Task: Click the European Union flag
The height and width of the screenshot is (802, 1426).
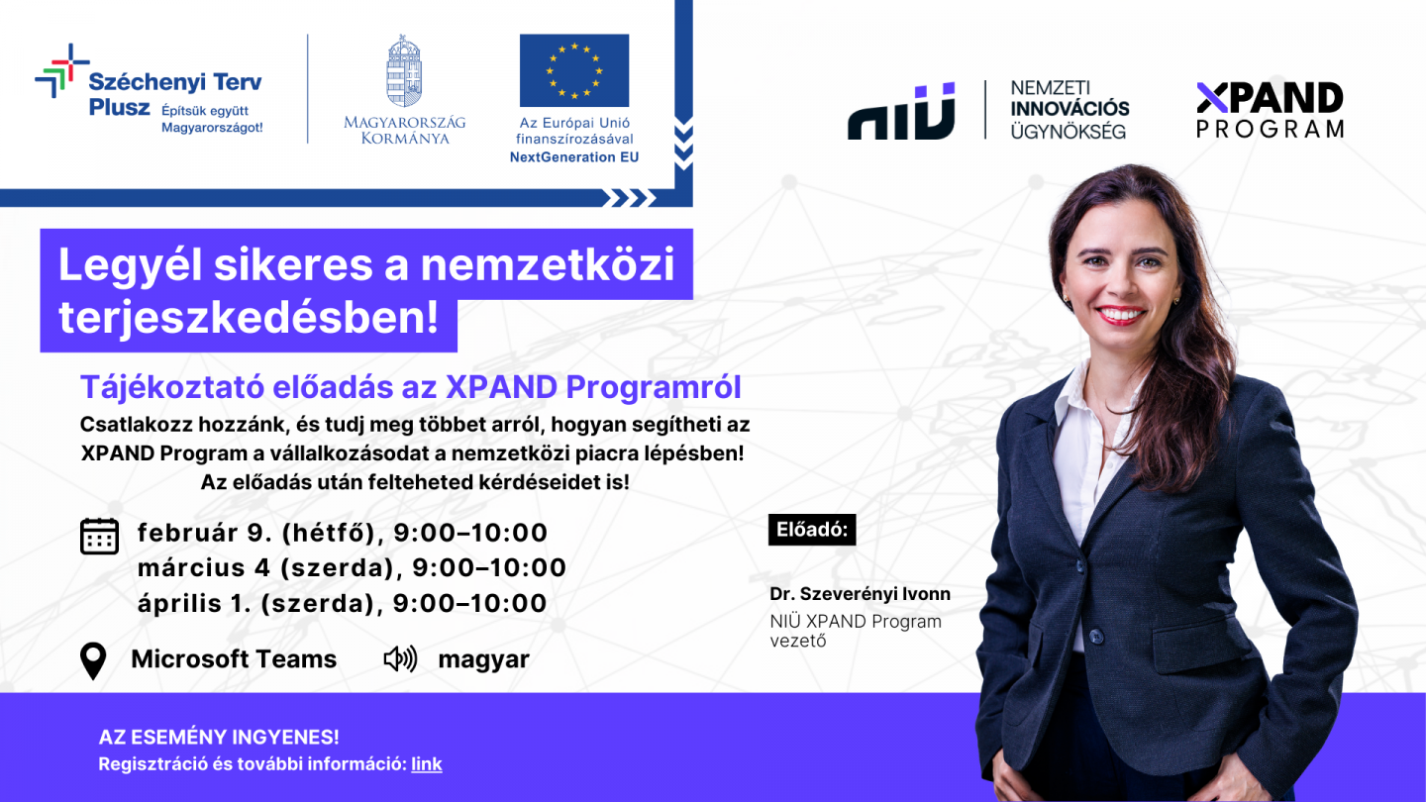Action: click(x=574, y=70)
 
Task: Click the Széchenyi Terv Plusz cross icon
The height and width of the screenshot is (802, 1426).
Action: click(x=61, y=71)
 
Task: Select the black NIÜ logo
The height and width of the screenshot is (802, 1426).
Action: click(x=901, y=111)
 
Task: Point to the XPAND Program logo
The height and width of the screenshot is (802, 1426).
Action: click(x=1270, y=110)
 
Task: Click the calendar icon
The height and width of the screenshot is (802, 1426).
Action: click(x=99, y=536)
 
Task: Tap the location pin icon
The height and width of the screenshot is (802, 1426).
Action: click(x=93, y=661)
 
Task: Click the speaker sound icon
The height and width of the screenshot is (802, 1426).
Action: click(x=400, y=659)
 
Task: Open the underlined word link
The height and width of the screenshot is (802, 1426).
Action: click(x=427, y=764)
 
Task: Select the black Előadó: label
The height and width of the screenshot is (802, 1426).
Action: click(x=811, y=530)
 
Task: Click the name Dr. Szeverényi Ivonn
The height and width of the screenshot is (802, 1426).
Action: click(x=860, y=594)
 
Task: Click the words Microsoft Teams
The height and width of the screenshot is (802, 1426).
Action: click(x=234, y=659)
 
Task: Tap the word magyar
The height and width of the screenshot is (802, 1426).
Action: click(x=483, y=659)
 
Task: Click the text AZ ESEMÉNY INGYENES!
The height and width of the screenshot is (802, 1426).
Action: click(x=219, y=738)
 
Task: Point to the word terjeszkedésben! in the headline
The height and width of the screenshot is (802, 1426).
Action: click(x=249, y=317)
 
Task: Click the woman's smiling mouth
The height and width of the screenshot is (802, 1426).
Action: click(x=1120, y=315)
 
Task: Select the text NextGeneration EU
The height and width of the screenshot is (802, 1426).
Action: click(x=574, y=157)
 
